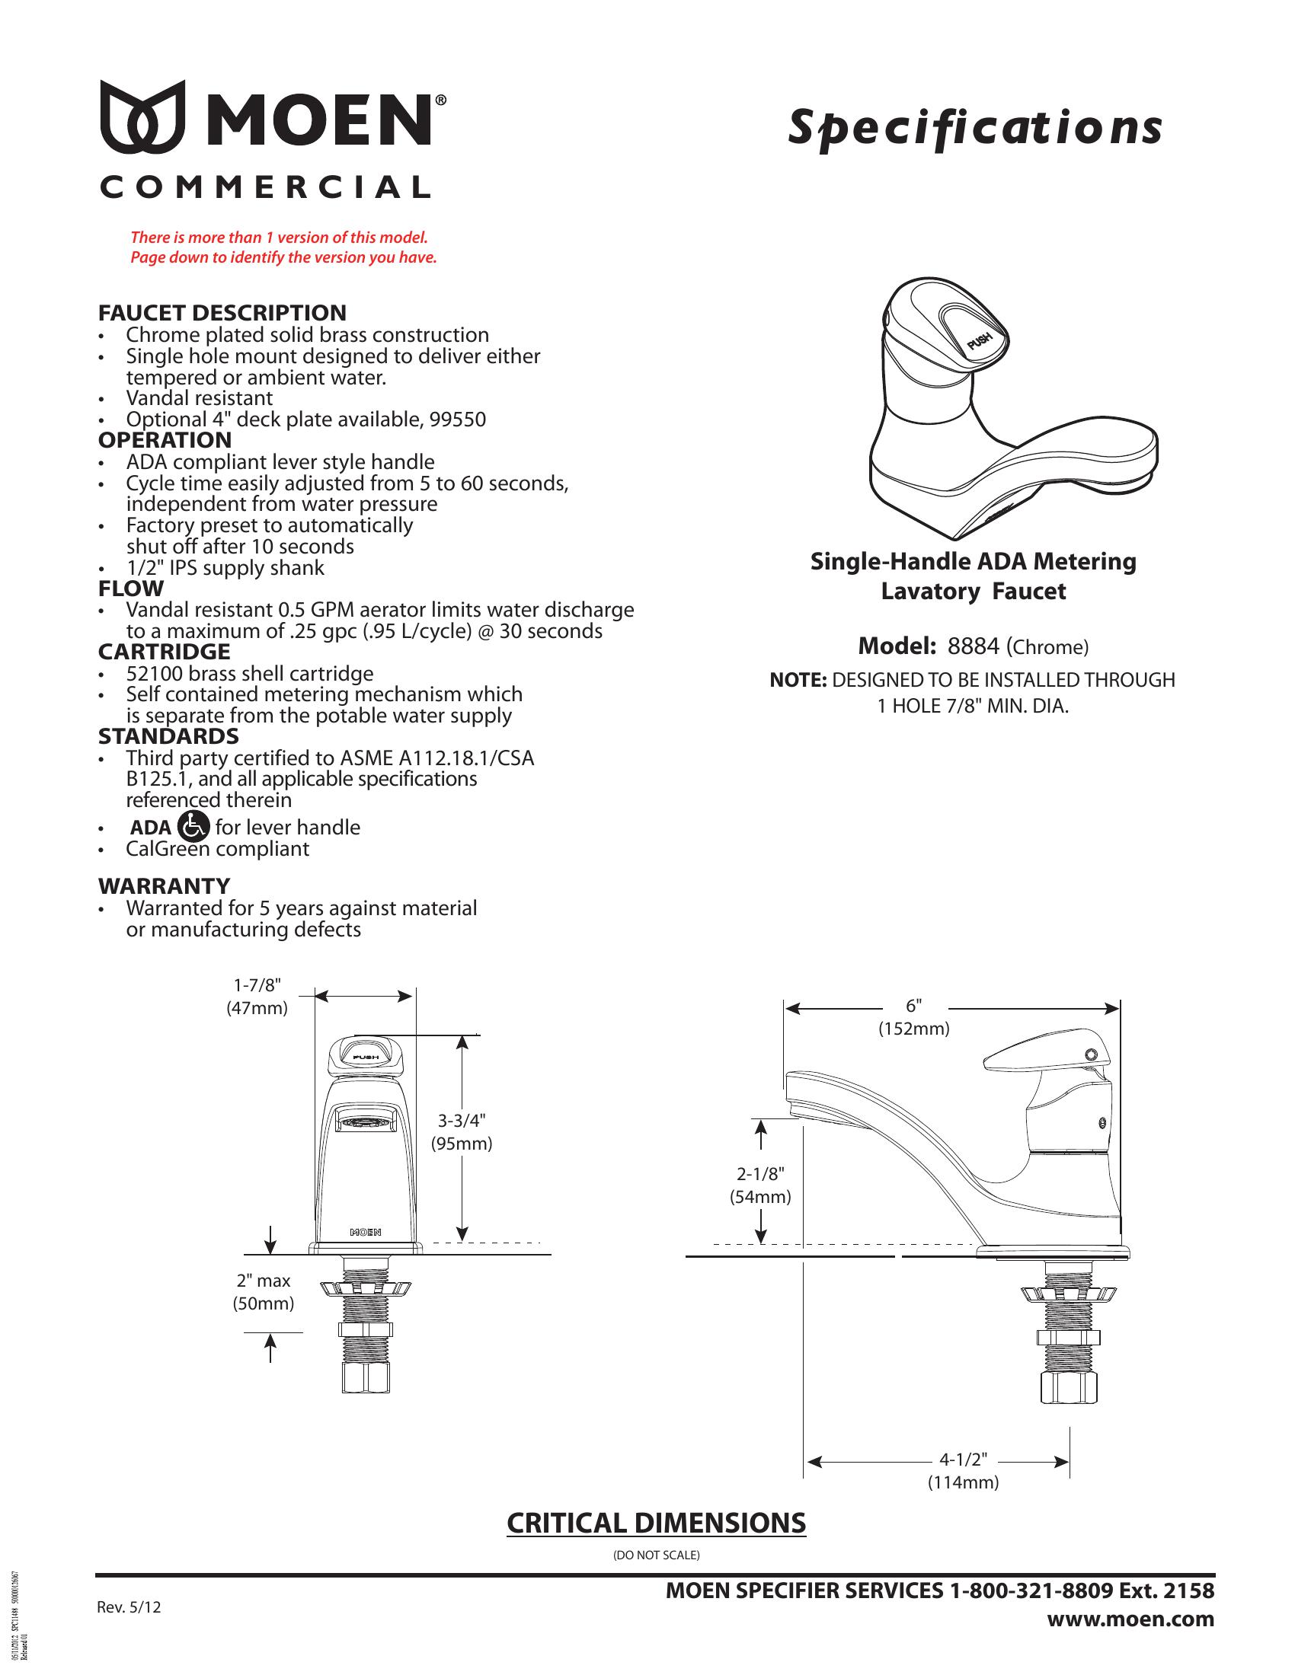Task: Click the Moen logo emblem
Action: (x=142, y=116)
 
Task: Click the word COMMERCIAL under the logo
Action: (x=264, y=187)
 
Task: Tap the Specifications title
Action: (x=974, y=127)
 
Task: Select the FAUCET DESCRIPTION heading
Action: (x=222, y=313)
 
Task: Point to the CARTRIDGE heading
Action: (x=164, y=652)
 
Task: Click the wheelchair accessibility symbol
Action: (x=193, y=826)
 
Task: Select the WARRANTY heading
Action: (x=164, y=885)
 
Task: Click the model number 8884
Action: (x=973, y=646)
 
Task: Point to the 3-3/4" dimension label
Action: (x=461, y=1121)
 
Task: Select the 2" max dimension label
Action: (x=263, y=1281)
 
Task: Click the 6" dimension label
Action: (x=913, y=1006)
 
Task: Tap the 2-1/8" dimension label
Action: (x=759, y=1173)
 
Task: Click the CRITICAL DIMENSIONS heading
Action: (x=656, y=1523)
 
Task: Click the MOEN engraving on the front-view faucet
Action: (x=366, y=1233)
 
